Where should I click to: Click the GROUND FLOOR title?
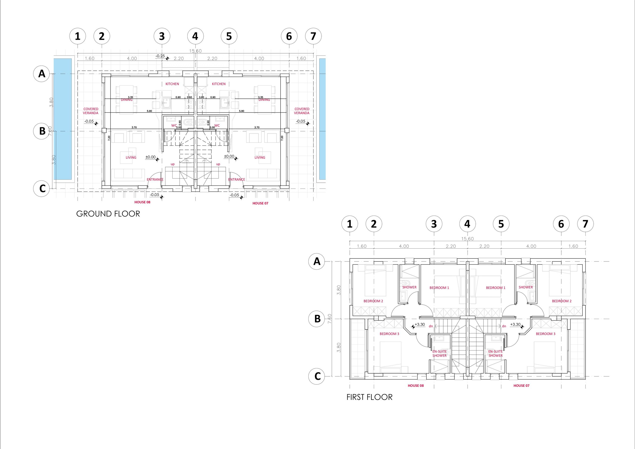click(108, 214)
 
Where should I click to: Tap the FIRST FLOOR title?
click(370, 397)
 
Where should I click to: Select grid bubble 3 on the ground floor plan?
click(162, 36)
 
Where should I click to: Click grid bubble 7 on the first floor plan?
click(585, 224)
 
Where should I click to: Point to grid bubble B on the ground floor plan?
click(42, 131)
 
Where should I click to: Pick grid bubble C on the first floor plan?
click(317, 376)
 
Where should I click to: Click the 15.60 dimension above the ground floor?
click(195, 51)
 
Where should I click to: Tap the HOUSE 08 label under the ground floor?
click(142, 202)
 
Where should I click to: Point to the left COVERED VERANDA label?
click(91, 111)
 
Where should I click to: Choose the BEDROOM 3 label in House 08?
click(389, 334)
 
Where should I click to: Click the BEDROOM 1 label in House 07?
click(496, 288)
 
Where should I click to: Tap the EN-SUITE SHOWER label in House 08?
click(440, 353)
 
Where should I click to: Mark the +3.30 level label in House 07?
click(515, 324)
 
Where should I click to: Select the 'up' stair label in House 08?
click(173, 164)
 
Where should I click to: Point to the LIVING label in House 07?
click(260, 158)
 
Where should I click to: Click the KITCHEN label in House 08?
click(172, 84)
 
